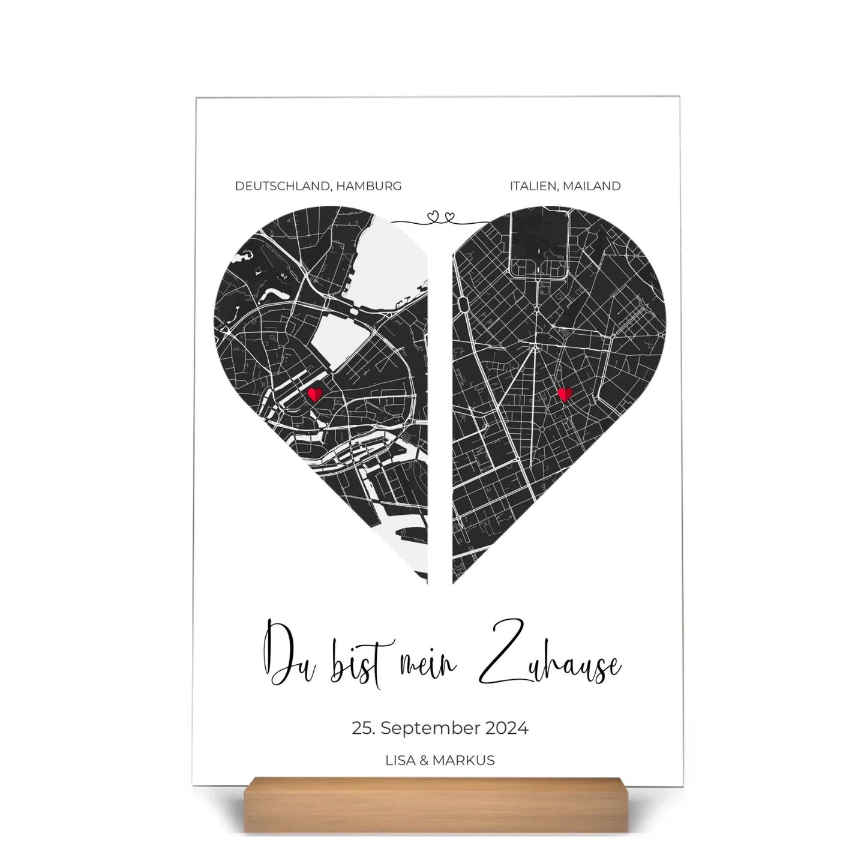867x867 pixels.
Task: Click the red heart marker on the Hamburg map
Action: click(315, 394)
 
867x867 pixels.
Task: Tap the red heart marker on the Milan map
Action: click(564, 394)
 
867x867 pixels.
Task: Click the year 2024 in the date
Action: click(507, 728)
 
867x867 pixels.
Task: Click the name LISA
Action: click(403, 760)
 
